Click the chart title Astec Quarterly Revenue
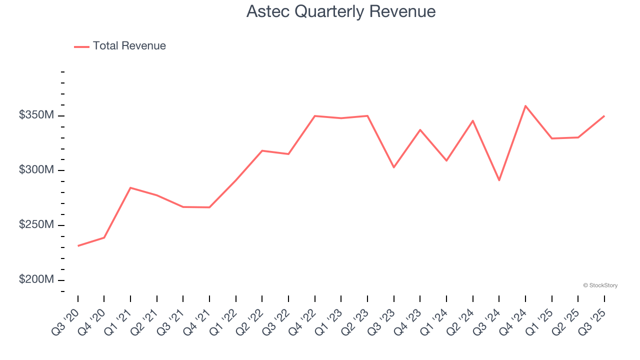(x=341, y=11)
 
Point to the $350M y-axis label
(x=36, y=115)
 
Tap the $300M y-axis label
(x=36, y=170)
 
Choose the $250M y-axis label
(x=36, y=225)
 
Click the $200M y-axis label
(x=36, y=279)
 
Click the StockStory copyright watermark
(x=600, y=285)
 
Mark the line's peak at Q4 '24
(x=525, y=106)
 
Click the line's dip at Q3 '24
(x=499, y=180)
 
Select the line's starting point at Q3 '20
(x=78, y=246)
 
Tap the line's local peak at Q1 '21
(x=130, y=187)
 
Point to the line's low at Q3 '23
(x=394, y=167)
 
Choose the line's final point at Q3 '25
(x=604, y=116)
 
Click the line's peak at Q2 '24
(x=472, y=120)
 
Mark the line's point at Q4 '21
(x=209, y=207)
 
